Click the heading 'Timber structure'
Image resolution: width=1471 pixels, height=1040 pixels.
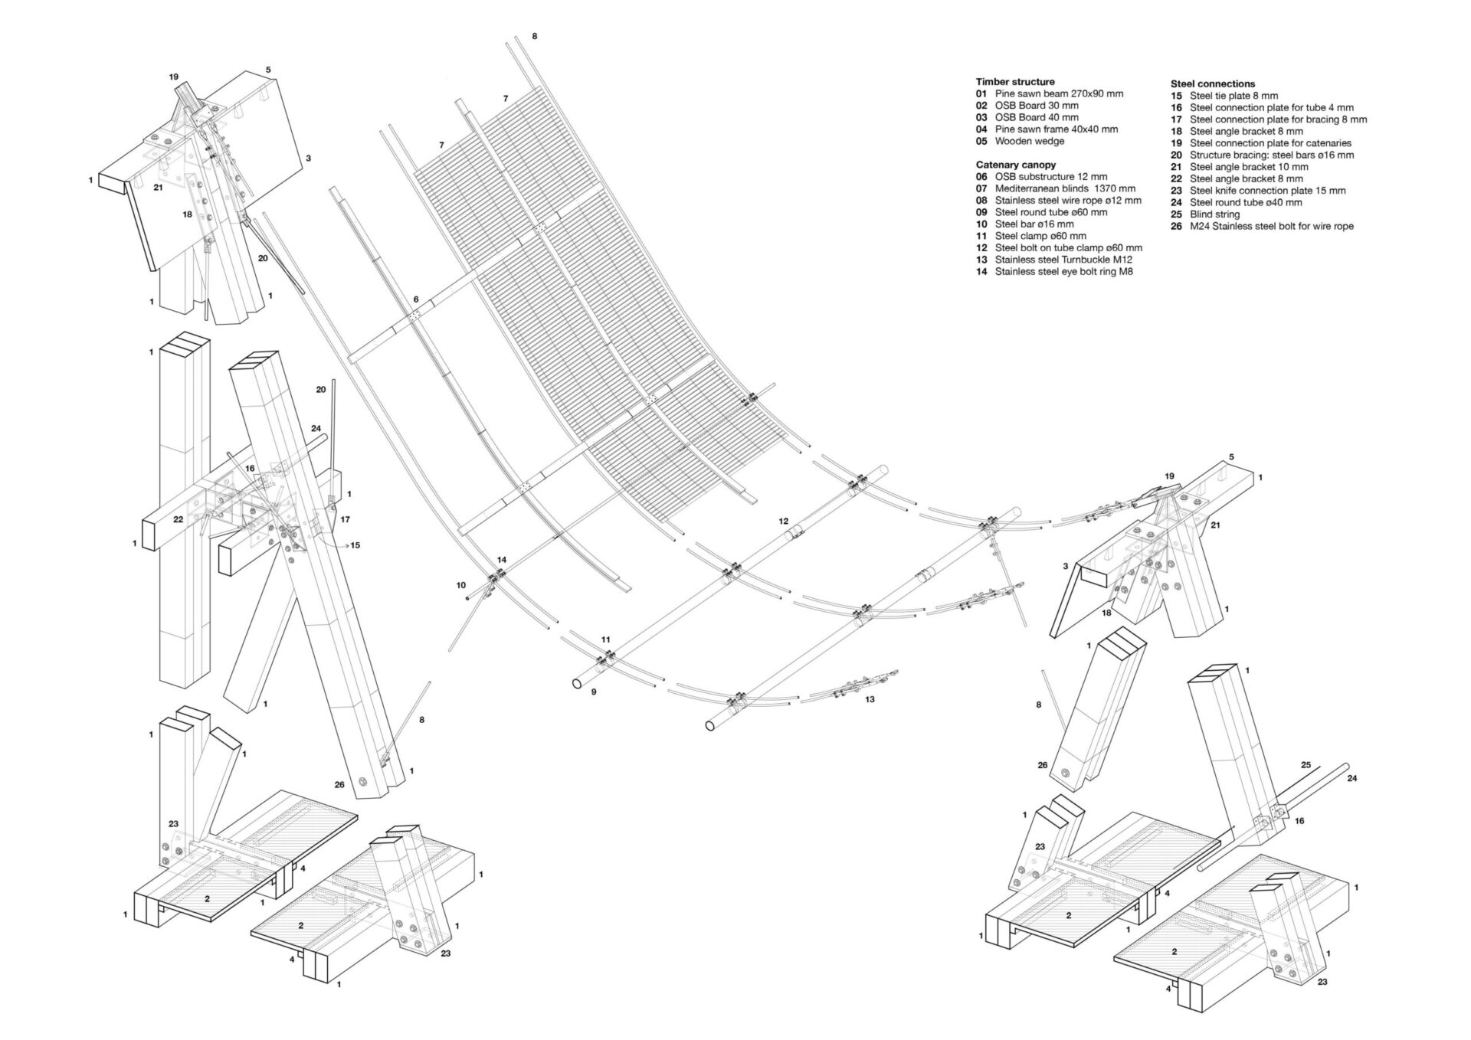coord(1014,81)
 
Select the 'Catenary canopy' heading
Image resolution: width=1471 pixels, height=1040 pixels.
coord(1015,165)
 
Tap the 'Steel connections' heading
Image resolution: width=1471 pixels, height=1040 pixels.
coord(1212,83)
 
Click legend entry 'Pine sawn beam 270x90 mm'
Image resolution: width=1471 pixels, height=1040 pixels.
coord(1059,93)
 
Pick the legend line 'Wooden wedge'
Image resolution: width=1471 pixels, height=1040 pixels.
coord(1029,141)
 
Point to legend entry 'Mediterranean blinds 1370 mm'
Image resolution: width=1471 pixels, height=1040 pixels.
coord(1065,188)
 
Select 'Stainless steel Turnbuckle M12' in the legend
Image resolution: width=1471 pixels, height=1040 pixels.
coord(1063,260)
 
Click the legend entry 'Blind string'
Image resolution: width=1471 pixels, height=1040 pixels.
coord(1214,214)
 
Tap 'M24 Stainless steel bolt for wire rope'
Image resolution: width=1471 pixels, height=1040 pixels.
coord(1271,226)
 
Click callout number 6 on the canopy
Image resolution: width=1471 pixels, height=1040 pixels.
coord(416,299)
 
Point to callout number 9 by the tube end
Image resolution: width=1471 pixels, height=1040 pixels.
coord(593,692)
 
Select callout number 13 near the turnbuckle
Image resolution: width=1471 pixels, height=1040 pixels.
coord(870,698)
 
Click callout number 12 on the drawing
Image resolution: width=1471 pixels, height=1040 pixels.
coord(784,521)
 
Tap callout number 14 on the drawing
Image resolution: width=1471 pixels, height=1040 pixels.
coord(502,560)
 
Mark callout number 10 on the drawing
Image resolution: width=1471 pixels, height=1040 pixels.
coord(460,585)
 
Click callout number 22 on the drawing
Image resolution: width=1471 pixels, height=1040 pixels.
coord(178,518)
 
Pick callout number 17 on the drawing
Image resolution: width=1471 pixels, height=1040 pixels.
coord(345,519)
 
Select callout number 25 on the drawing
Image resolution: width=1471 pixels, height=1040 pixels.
coord(1306,764)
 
